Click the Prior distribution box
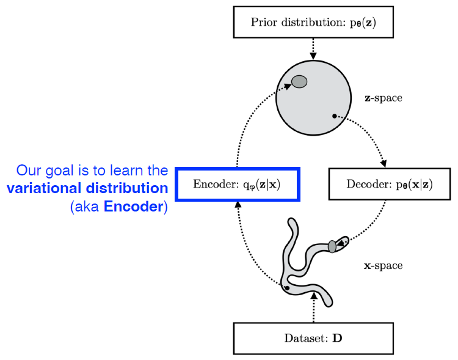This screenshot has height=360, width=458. (313, 23)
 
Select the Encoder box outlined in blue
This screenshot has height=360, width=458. (237, 184)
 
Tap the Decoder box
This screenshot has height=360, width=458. (390, 184)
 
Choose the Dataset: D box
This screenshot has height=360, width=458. (313, 337)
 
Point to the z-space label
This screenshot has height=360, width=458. (383, 98)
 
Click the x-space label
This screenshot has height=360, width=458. (383, 266)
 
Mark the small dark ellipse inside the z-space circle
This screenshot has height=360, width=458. (299, 81)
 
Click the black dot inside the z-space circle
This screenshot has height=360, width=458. (334, 116)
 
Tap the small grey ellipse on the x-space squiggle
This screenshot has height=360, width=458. (332, 246)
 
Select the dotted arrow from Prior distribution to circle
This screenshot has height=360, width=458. (313, 48)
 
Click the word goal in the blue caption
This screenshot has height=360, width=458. (59, 170)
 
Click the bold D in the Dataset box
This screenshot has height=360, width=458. (336, 337)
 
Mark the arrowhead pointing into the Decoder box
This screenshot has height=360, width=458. (383, 164)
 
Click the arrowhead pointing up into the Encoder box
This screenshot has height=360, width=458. (237, 204)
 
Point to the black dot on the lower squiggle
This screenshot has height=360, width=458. (286, 287)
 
